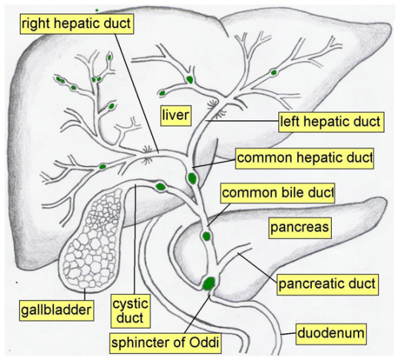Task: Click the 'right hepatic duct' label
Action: click(76, 24)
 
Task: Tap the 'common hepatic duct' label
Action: click(304, 158)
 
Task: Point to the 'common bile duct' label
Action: click(278, 193)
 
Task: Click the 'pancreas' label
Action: click(300, 228)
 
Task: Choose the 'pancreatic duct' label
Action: click(327, 284)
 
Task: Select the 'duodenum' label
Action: click(331, 333)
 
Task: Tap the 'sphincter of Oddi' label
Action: click(166, 343)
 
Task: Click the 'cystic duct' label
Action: click(131, 311)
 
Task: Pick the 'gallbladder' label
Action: click(56, 310)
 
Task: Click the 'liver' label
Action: click(176, 116)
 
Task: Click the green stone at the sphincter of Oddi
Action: click(209, 284)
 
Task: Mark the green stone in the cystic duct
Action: click(160, 187)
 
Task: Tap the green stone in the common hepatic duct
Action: click(192, 178)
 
